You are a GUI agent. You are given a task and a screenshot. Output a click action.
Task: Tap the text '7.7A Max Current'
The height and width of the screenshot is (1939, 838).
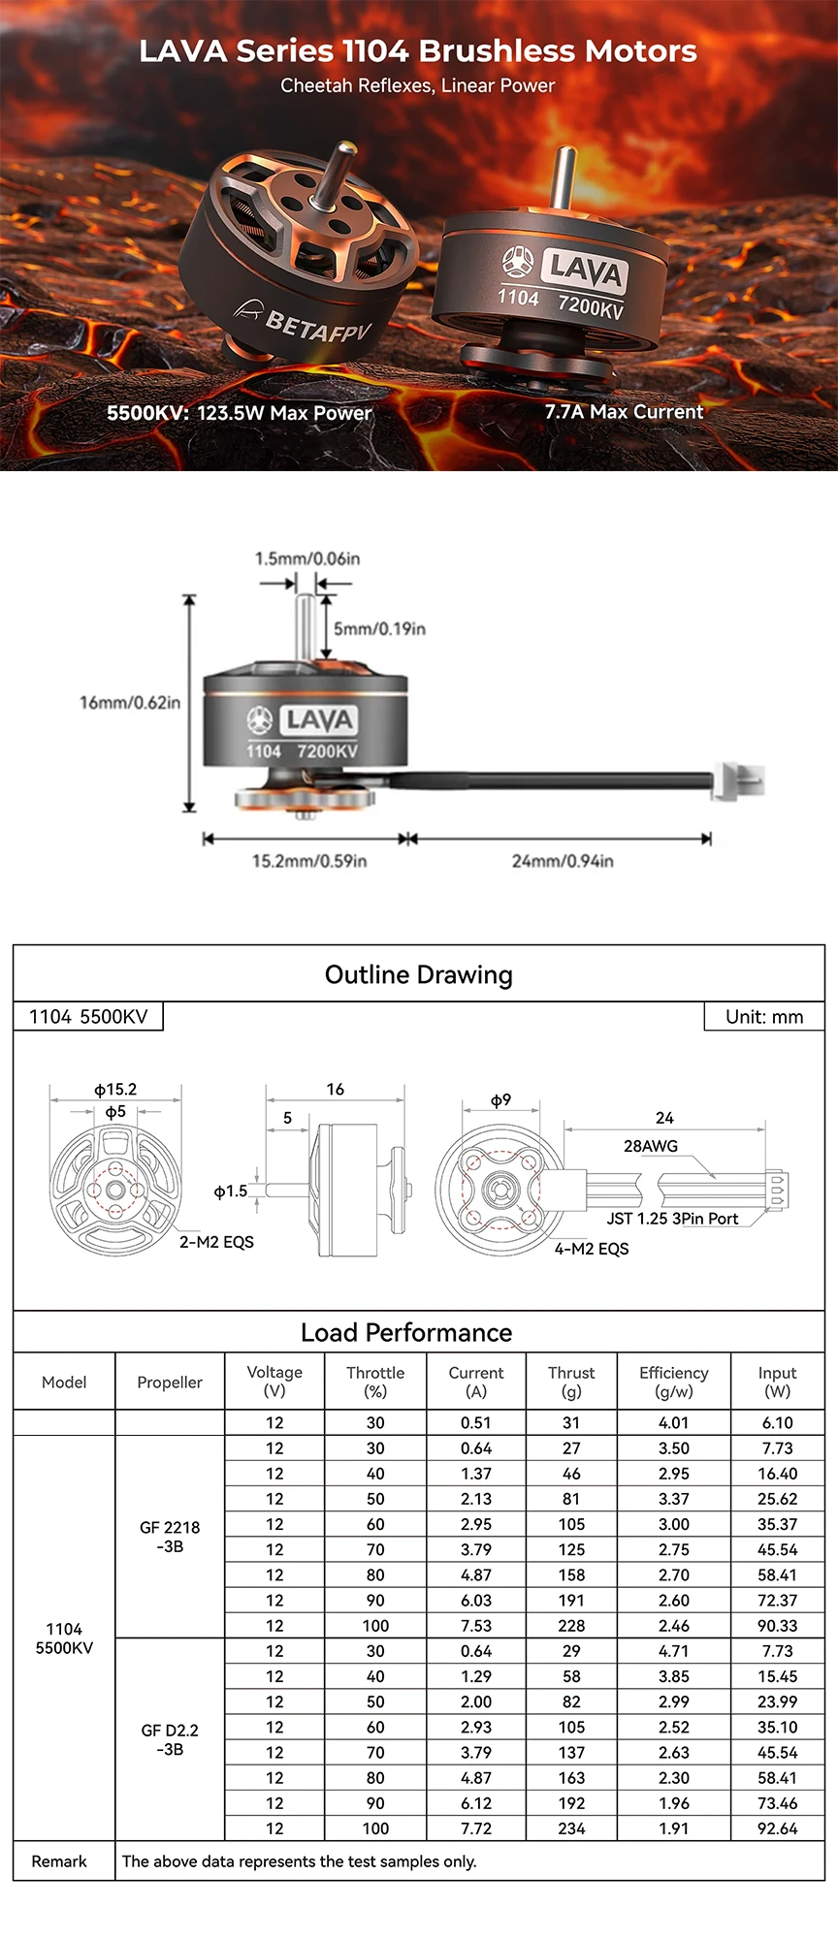[624, 411]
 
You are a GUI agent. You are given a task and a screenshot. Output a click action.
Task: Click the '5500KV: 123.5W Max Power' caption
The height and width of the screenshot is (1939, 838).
[240, 412]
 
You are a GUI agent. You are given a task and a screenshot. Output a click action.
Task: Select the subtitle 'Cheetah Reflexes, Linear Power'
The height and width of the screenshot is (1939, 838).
[418, 85]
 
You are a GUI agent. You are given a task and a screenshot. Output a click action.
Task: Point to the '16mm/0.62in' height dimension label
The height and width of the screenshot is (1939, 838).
[130, 702]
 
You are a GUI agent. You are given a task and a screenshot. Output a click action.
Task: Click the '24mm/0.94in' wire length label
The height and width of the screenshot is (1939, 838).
[563, 861]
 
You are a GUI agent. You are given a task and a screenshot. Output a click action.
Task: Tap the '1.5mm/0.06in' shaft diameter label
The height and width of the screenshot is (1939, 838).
[307, 558]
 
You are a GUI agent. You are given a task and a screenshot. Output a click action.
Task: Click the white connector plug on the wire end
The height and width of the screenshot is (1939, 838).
[738, 781]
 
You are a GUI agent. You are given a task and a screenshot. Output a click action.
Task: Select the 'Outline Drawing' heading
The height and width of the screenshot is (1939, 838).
[419, 974]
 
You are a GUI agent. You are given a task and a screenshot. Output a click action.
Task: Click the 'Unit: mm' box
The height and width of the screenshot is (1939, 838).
[764, 1017]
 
